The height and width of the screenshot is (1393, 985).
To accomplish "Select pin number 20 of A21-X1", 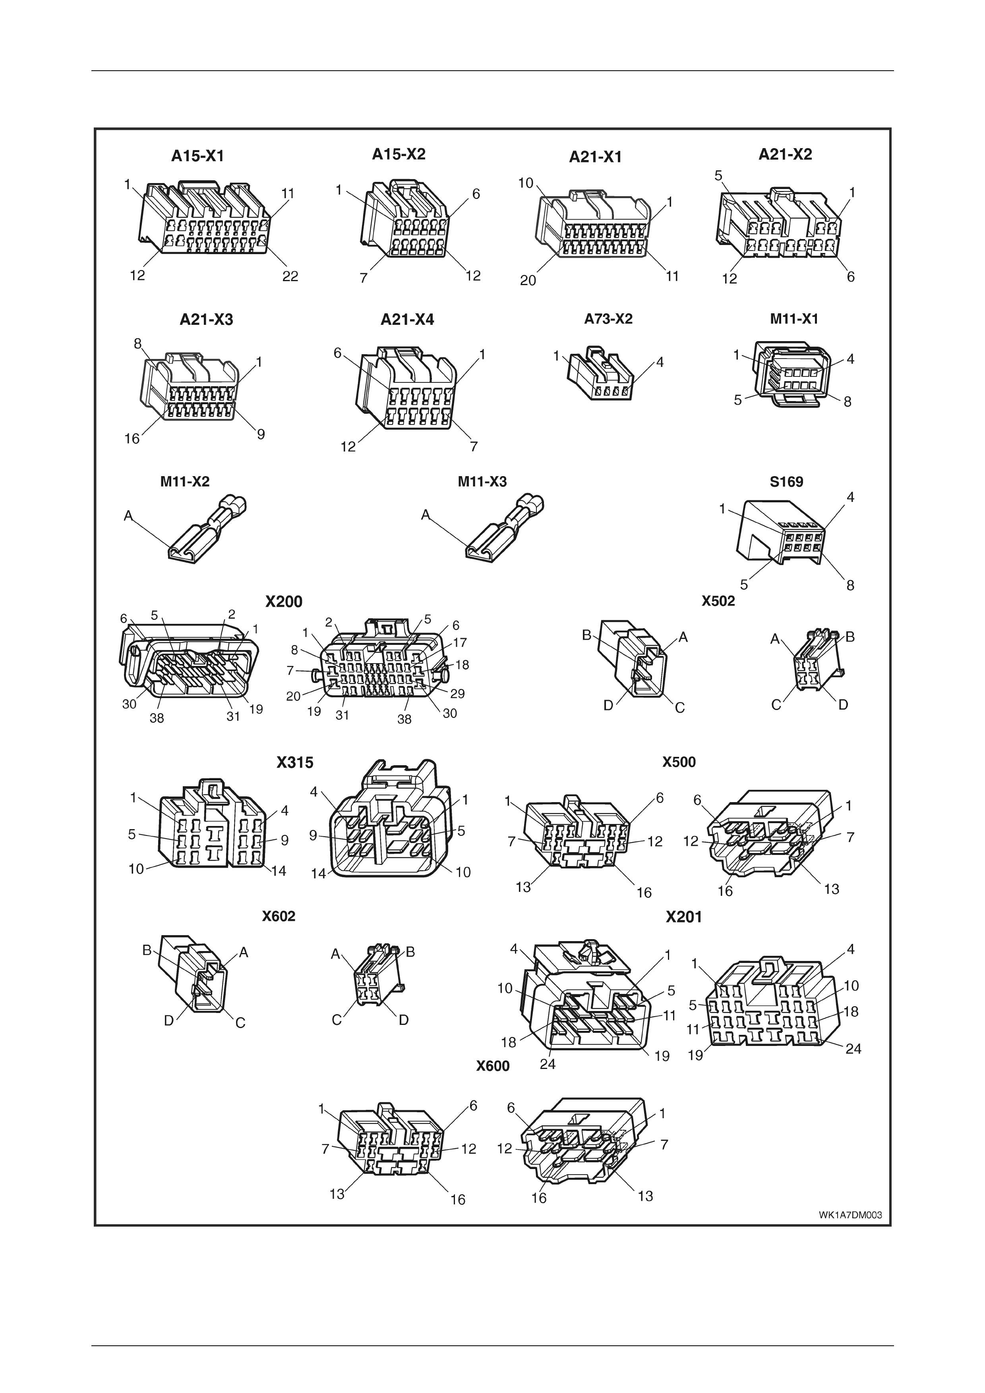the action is point(528,281).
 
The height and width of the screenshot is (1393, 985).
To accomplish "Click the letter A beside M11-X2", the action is point(128,516).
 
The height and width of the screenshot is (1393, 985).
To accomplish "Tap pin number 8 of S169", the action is point(850,585).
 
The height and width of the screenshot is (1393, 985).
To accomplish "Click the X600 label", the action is point(493,1066).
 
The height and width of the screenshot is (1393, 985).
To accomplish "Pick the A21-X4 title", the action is point(407,319).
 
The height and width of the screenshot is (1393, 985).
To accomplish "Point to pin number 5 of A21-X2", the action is point(718,176).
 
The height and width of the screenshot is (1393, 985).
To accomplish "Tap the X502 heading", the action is point(718,601).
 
